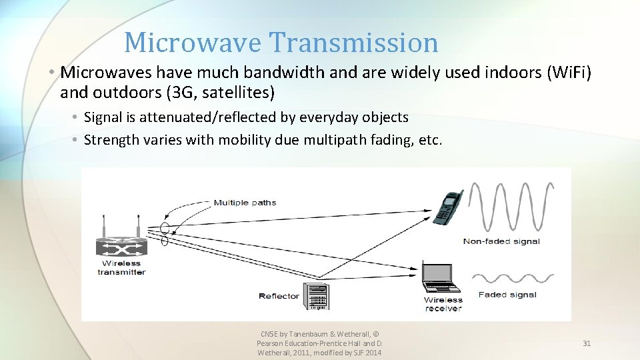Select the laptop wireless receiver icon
(441, 278)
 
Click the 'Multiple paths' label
(244, 203)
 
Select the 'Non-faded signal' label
(501, 241)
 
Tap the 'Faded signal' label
(507, 295)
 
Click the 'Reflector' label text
(279, 296)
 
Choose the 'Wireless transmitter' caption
(121, 267)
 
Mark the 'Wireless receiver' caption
(443, 304)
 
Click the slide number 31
(587, 343)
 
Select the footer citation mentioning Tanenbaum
(319, 343)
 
